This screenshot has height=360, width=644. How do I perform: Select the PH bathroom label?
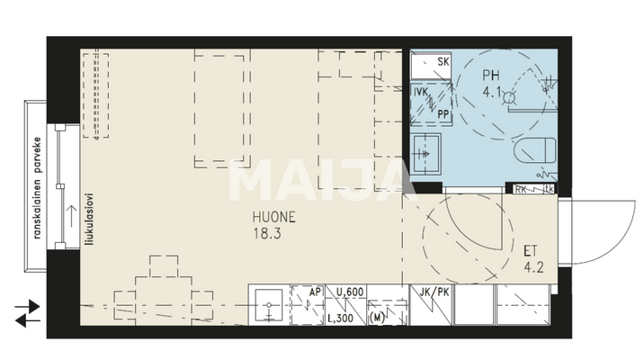[492, 76]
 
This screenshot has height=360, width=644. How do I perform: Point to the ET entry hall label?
[532, 249]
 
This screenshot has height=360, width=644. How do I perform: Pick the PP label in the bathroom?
[443, 114]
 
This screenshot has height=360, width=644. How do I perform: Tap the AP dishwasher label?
[316, 292]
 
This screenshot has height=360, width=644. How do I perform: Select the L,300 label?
[339, 318]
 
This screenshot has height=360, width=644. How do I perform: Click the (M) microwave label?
[378, 318]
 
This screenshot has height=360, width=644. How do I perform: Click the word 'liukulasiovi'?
[89, 220]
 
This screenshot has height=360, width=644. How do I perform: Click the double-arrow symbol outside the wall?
[28, 311]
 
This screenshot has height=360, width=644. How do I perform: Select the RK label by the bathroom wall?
[522, 190]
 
